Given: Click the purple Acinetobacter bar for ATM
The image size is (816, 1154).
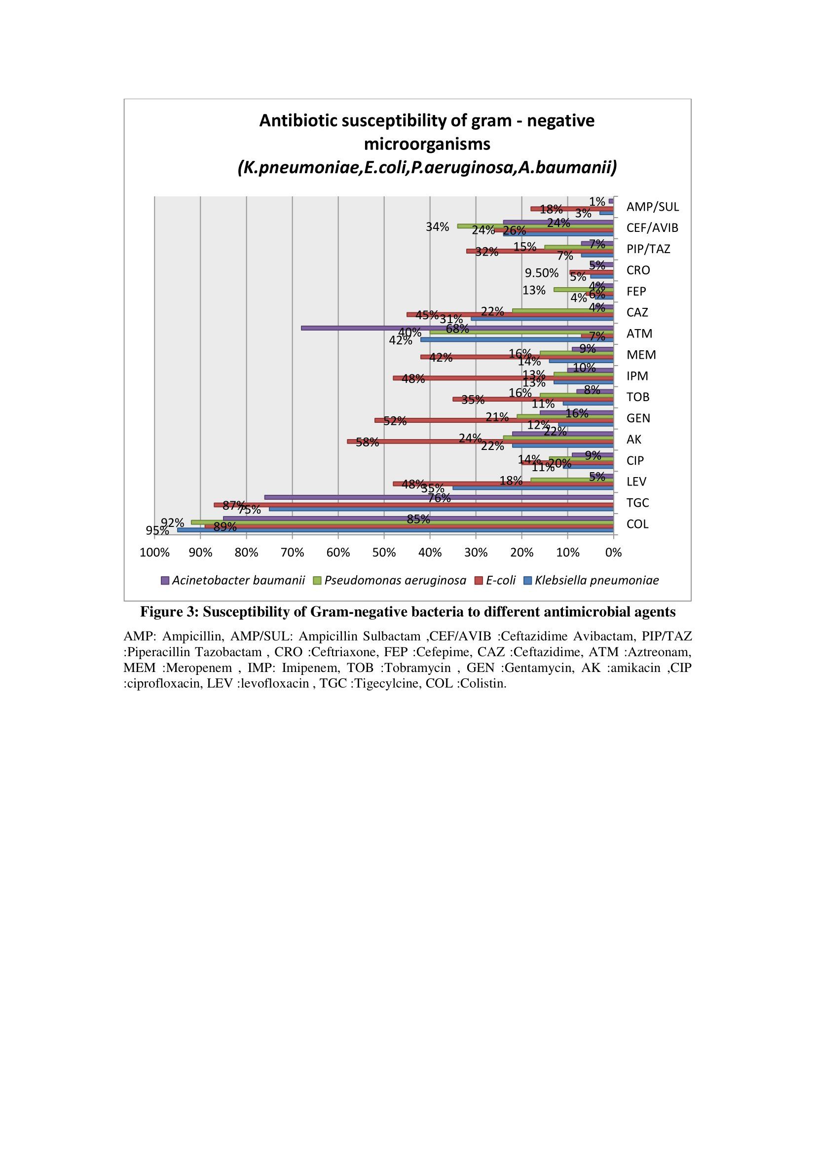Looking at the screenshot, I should pos(457,328).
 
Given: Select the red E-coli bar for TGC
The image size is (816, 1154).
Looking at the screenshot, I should pos(413,505).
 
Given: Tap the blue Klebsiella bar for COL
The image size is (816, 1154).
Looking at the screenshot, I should pos(395,530).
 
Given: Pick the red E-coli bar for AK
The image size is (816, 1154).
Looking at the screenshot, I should pos(480,441).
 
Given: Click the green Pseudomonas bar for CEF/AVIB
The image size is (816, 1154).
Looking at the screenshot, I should pos(535,226).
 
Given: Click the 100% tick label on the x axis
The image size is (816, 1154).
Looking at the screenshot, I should pos(154,553).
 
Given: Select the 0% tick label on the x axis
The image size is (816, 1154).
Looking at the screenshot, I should pos(614,553).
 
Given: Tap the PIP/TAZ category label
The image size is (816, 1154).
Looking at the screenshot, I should pos(648,249).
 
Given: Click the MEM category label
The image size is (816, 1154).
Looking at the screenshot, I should pos(641,355).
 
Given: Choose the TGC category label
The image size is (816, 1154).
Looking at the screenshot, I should pos(637,503).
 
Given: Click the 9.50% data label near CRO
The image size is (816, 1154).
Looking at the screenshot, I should pos(542,273).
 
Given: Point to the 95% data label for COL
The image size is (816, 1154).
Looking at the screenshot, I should pos(157,531).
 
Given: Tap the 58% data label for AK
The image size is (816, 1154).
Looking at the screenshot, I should pos(368,442).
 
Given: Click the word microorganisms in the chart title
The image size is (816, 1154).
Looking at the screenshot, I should pos(427,144).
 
